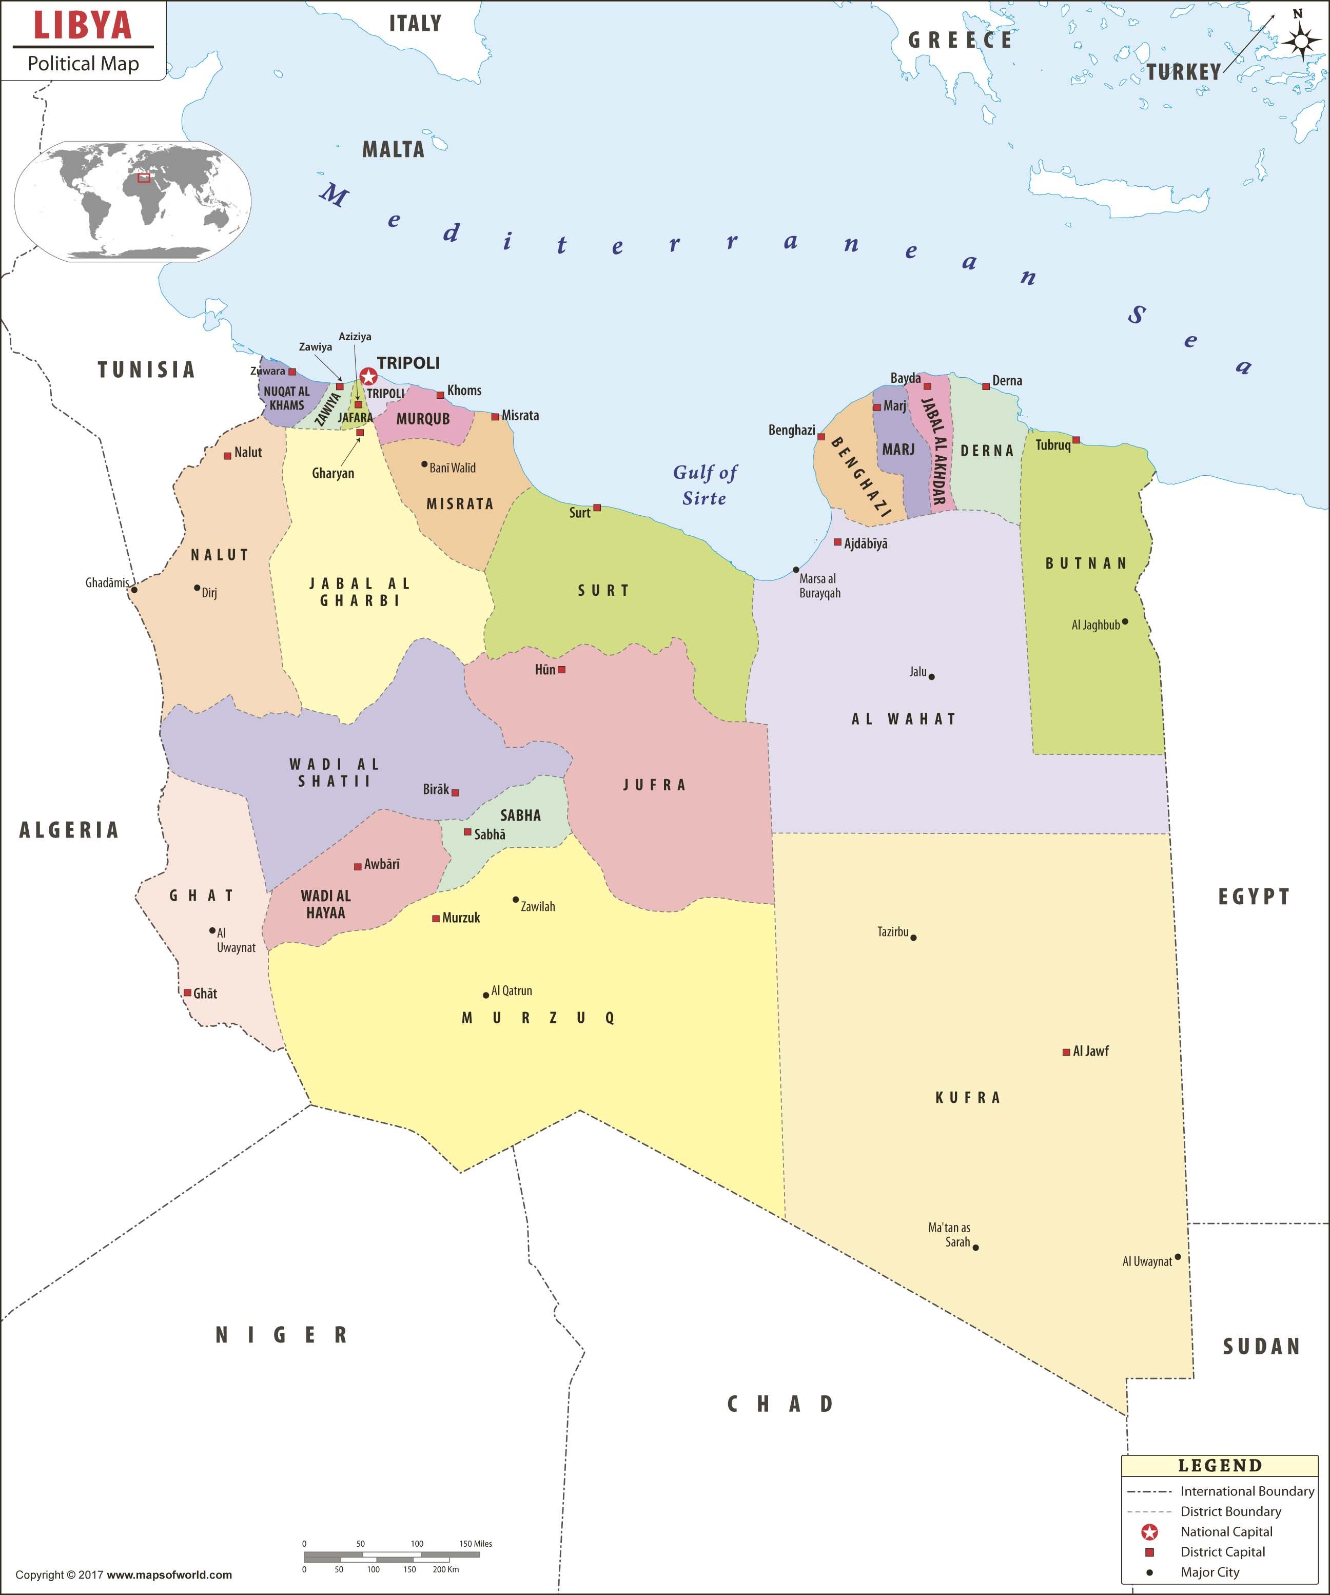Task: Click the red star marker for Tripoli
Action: [368, 377]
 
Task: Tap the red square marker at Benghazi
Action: [821, 437]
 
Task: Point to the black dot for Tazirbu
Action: [913, 937]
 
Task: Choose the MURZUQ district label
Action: [538, 1018]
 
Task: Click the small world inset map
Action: [133, 201]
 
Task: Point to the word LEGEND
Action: [1220, 1466]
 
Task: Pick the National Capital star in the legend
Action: [1149, 1532]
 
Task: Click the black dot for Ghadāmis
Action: [134, 589]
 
